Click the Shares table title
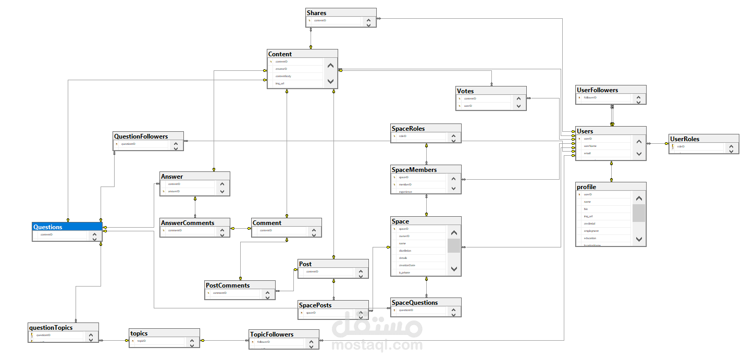pyautogui.click(x=317, y=13)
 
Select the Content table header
pyautogui.click(x=280, y=54)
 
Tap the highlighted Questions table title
pyautogui.click(x=48, y=227)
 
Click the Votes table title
pyautogui.click(x=465, y=91)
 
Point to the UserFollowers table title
pyautogui.click(x=597, y=90)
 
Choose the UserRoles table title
pyautogui.click(x=685, y=139)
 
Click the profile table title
pyautogui.click(x=586, y=187)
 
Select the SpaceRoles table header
pyautogui.click(x=408, y=128)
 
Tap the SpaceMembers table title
pyautogui.click(x=414, y=169)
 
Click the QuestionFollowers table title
pyautogui.click(x=141, y=136)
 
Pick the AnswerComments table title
pyautogui.click(x=188, y=222)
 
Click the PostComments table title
pyautogui.click(x=228, y=285)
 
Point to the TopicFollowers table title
pyautogui.click(x=271, y=334)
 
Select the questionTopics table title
pyautogui.click(x=51, y=327)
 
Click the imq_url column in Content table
pyautogui.click(x=280, y=83)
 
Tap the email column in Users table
pyautogui.click(x=587, y=153)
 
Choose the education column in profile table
pyautogui.click(x=590, y=238)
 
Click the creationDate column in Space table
pyautogui.click(x=407, y=265)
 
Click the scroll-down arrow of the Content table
pyautogui.click(x=330, y=81)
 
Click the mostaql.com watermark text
pyautogui.click(x=377, y=345)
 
